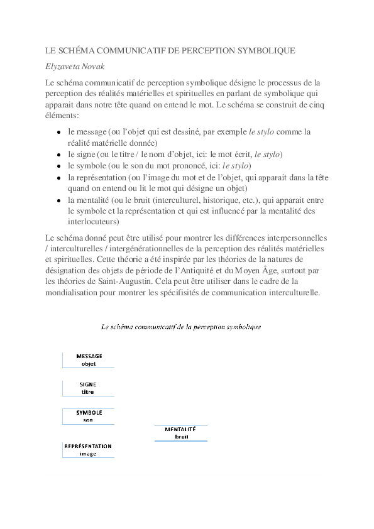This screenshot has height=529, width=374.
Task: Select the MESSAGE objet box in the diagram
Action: [89, 359]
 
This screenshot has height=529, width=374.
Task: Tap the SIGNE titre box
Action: [88, 388]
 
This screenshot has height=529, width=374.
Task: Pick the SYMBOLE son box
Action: [89, 416]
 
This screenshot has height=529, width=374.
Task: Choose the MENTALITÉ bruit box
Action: [181, 433]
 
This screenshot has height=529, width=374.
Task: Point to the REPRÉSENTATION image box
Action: [88, 450]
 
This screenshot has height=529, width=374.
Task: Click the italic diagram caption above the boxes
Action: [181, 327]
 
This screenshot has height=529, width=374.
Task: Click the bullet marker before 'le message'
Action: [58, 133]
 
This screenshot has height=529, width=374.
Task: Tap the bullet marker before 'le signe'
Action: [58, 155]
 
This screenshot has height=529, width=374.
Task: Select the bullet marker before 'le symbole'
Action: [58, 166]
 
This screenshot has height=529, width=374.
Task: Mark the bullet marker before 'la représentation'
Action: [58, 178]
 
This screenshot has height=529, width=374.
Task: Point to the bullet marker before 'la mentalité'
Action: [58, 200]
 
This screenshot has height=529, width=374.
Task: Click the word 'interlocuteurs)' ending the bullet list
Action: [93, 222]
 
